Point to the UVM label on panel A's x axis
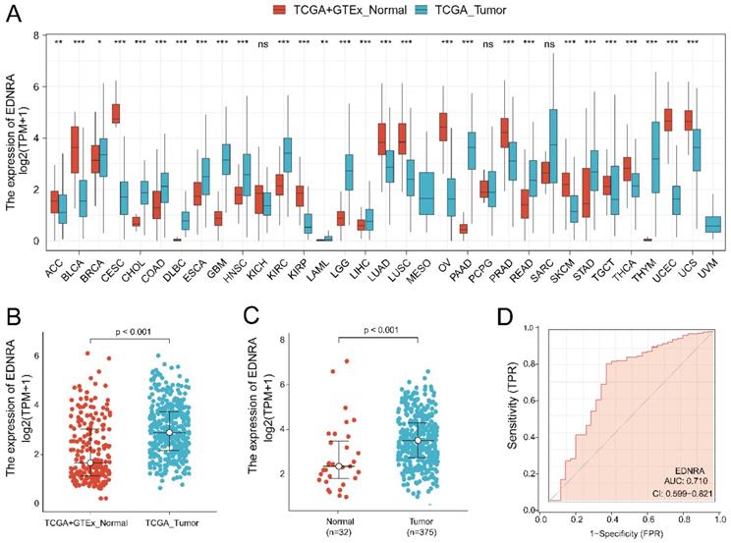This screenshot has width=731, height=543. coord(713,263)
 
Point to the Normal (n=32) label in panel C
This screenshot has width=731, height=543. coord(338,517)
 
